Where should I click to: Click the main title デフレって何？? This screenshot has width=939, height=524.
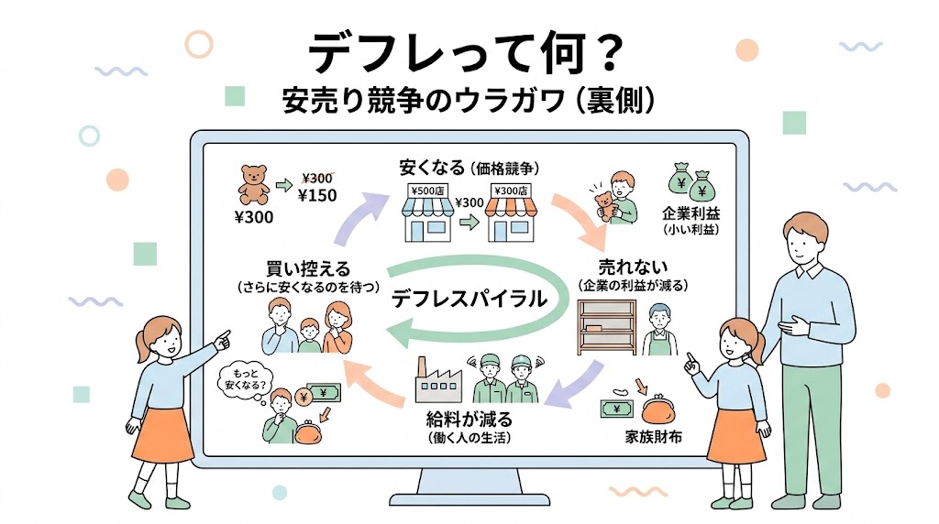pyautogui.click(x=467, y=53)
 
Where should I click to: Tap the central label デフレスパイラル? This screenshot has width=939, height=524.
pyautogui.click(x=469, y=298)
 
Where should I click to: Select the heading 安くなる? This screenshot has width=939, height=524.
pyautogui.click(x=432, y=168)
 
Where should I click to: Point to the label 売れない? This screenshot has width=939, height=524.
pyautogui.click(x=633, y=267)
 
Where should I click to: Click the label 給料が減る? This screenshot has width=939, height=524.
pyautogui.click(x=469, y=418)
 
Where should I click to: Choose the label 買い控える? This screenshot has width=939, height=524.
pyautogui.click(x=308, y=268)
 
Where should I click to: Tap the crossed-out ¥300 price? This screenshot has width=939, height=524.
pyautogui.click(x=316, y=179)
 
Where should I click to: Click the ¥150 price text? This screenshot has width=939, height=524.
pyautogui.click(x=317, y=196)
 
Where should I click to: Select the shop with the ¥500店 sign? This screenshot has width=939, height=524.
pyautogui.click(x=427, y=213)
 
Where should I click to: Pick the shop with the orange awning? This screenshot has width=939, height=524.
pyautogui.click(x=511, y=213)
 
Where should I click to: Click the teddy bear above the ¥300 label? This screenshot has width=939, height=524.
pyautogui.click(x=253, y=185)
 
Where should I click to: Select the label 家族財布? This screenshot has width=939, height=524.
pyautogui.click(x=653, y=437)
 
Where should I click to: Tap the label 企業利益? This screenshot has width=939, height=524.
pyautogui.click(x=690, y=213)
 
